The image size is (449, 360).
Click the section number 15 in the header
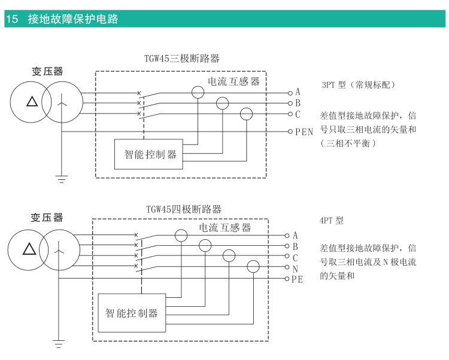click(11, 19)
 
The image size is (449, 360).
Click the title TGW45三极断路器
click(181, 59)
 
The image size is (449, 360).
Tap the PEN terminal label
click(304, 132)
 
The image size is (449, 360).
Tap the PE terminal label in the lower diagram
click(298, 279)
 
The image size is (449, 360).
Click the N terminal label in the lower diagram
click(295, 269)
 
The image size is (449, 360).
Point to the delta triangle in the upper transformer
click(32, 101)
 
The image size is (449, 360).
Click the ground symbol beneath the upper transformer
click(61, 178)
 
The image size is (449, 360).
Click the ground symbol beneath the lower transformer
click(58, 343)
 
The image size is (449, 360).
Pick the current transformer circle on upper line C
click(246, 114)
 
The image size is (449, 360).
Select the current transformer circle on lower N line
click(254, 267)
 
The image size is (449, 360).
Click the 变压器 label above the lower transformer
click(47, 218)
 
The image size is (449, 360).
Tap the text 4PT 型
click(332, 220)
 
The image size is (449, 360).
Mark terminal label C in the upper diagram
click(298, 114)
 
